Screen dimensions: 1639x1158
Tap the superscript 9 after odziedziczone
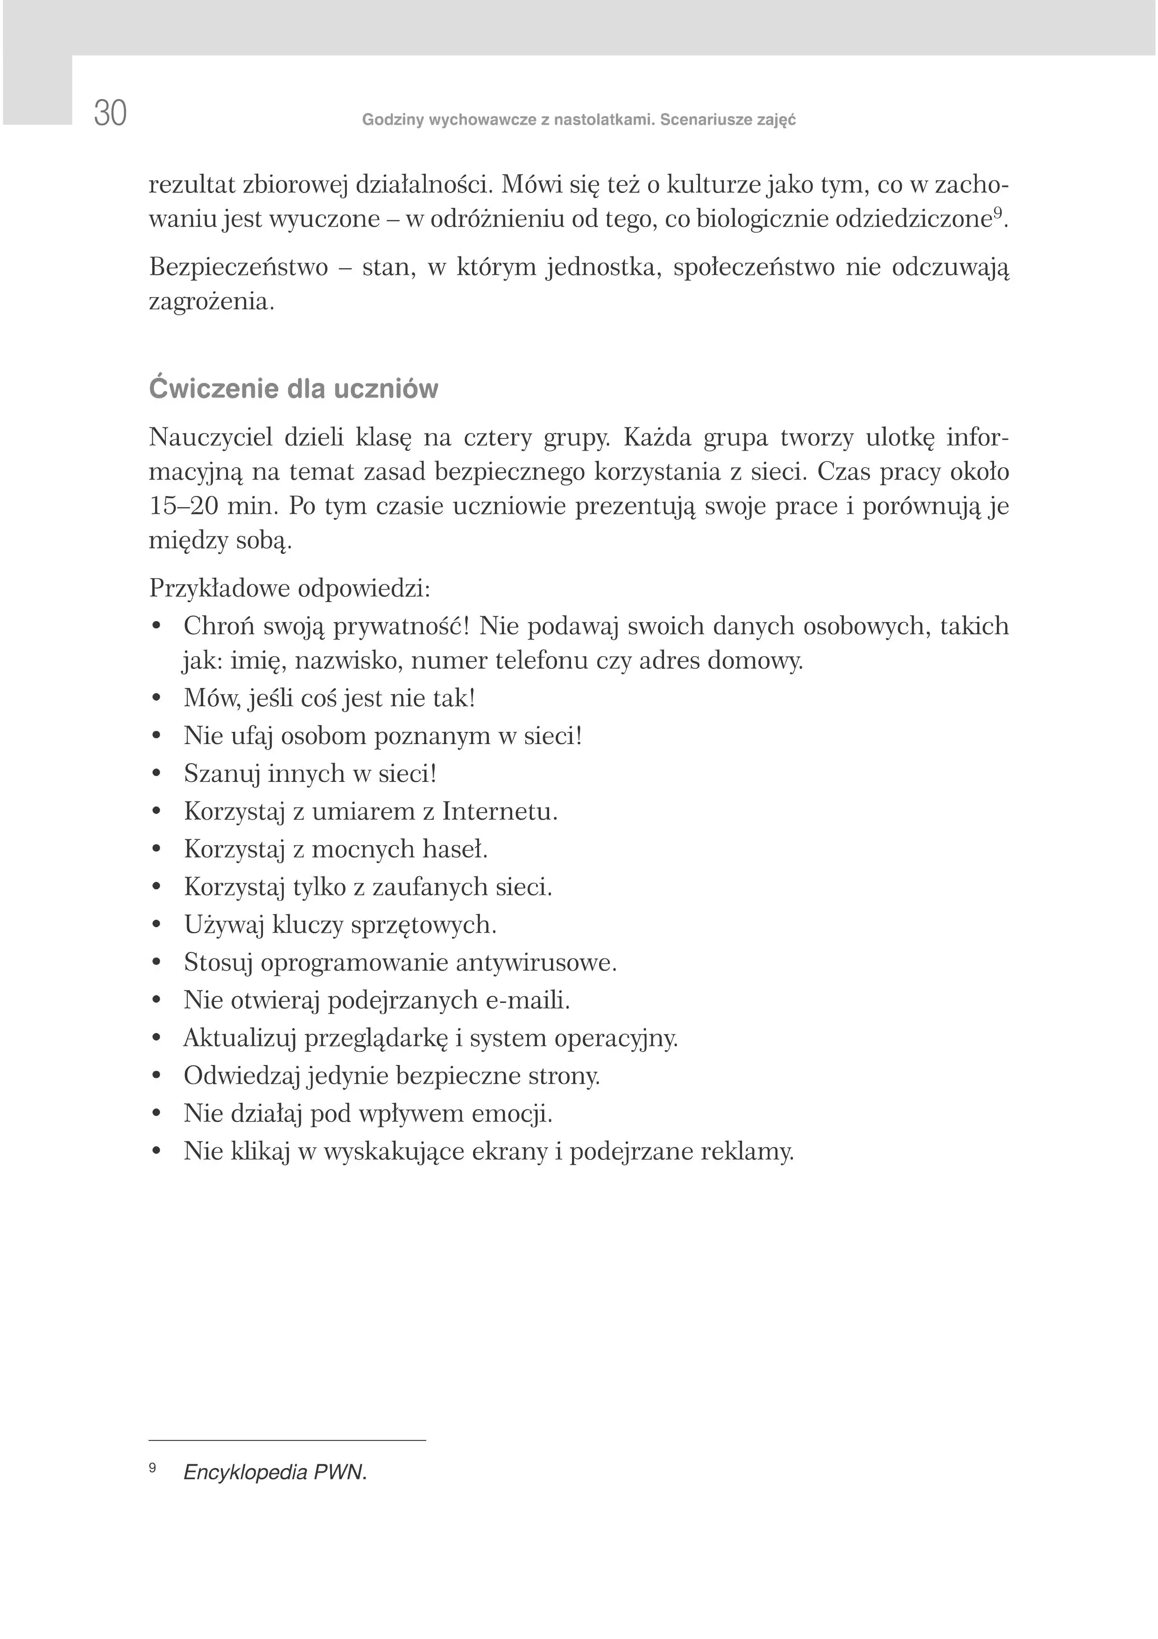coord(998,212)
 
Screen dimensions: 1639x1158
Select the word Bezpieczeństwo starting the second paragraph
coord(238,268)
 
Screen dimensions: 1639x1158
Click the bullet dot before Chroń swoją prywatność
coord(157,627)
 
